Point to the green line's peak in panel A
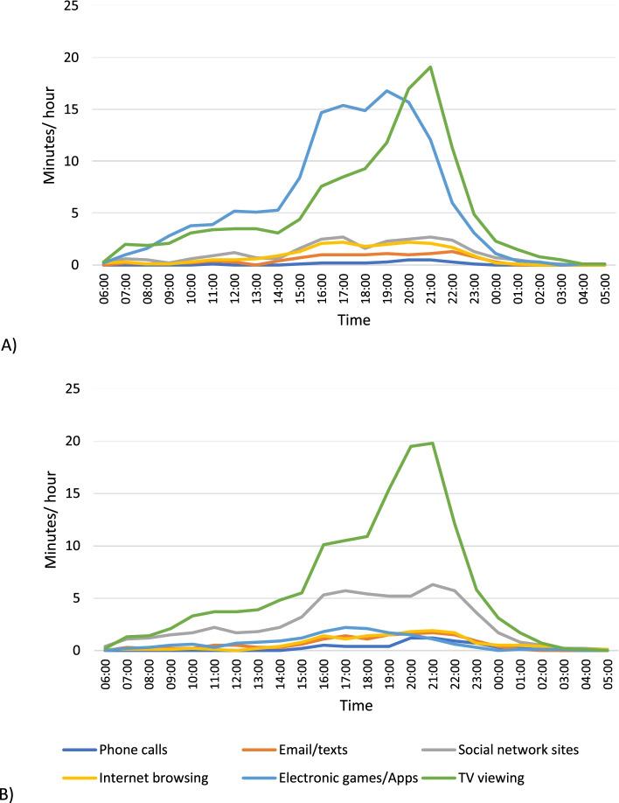pyautogui.click(x=430, y=67)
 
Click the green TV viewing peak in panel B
pyautogui.click(x=430, y=443)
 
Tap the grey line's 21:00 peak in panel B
pyautogui.click(x=430, y=584)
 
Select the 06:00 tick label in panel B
pyautogui.click(x=106, y=670)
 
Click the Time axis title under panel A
pyautogui.click(x=354, y=320)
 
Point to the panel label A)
pyautogui.click(x=8, y=346)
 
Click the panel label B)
pyautogui.click(x=8, y=794)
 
